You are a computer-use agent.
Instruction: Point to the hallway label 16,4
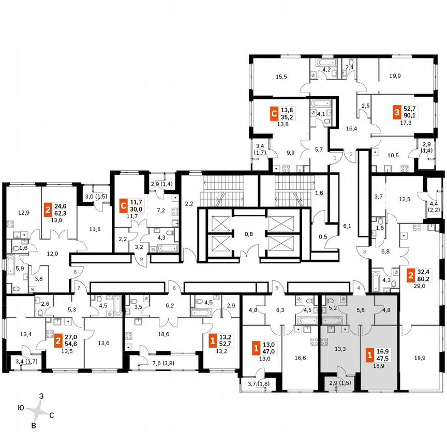(352, 129)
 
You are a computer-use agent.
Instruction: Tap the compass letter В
(35, 426)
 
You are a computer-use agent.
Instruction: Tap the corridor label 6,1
(347, 226)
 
